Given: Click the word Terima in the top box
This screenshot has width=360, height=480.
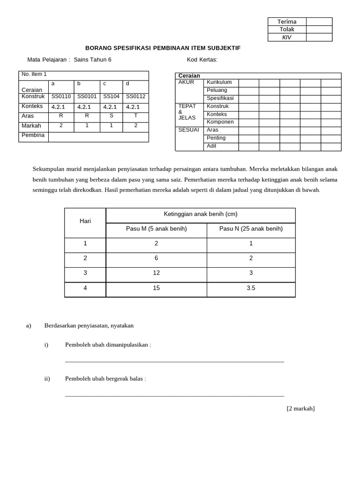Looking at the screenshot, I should point(287,22).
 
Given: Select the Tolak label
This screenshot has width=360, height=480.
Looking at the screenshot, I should point(287,29).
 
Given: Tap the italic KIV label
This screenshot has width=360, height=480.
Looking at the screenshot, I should point(287,37).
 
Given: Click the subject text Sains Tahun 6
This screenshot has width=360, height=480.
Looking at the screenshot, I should point(93,60).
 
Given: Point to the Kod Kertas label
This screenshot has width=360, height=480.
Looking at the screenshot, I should point(202,60).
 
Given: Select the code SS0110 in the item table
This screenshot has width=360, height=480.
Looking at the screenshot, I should point(61,97).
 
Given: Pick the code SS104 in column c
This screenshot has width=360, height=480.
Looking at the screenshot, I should point(112,97).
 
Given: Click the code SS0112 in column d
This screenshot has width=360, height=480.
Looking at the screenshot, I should point(136,97).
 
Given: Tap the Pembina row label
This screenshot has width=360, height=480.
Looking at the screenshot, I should point(33,135).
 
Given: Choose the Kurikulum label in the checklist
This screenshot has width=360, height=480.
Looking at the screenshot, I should point(219,82).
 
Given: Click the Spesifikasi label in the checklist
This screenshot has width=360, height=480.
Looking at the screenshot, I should point(220,98).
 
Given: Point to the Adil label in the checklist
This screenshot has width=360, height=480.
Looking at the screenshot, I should point(211,146).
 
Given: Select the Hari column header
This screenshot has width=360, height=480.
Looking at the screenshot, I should point(85,221).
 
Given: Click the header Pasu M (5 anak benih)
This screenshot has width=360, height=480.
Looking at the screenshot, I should point(156,229).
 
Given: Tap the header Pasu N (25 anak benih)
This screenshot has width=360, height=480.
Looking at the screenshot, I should point(251,229).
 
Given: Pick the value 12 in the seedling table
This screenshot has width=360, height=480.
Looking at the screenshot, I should point(156,273).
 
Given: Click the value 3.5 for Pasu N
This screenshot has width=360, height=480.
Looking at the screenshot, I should point(251,288).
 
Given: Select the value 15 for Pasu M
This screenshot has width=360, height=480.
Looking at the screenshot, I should point(156,288).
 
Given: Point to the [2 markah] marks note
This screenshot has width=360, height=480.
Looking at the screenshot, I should point(300,408).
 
